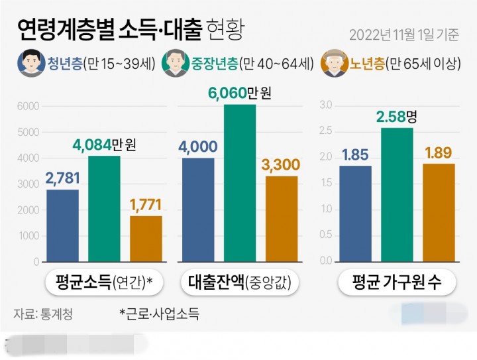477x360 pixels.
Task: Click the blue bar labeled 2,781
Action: [62, 225]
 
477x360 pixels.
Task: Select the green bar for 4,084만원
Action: [104, 209]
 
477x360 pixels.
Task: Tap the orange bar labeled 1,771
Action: [146, 239]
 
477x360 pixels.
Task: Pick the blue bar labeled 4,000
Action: [198, 210]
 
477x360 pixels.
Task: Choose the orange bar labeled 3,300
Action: [282, 219]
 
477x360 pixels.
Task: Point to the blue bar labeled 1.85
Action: [355, 213]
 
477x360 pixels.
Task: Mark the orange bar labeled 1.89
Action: [439, 212]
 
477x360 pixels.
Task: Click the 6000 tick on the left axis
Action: [28, 106]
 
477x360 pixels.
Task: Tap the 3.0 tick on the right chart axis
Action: [325, 105]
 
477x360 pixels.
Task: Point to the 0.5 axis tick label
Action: [325, 235]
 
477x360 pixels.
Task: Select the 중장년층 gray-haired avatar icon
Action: [175, 64]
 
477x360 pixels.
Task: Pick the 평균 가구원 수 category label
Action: [397, 284]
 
